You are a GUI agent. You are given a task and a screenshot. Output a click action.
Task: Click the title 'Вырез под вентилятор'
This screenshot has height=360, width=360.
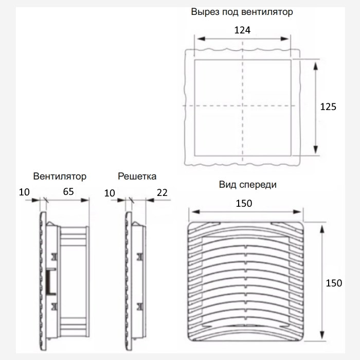(x=242, y=12)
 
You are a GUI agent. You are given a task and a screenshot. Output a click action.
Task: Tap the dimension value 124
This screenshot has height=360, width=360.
(x=242, y=30)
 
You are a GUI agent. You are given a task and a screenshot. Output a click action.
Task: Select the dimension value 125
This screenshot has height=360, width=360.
(x=328, y=107)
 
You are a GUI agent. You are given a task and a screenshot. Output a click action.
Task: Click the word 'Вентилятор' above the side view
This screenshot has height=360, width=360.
(x=60, y=176)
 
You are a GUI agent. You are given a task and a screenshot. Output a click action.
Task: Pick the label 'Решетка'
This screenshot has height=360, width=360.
(x=137, y=176)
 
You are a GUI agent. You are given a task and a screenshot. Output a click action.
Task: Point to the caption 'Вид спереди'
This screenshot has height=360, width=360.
(x=248, y=185)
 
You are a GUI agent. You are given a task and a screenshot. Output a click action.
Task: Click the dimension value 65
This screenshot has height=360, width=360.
(x=68, y=192)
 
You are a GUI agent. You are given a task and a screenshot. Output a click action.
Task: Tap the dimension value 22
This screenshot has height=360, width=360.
(x=162, y=193)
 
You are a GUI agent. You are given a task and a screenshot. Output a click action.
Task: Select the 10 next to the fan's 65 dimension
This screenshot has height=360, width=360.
(x=24, y=192)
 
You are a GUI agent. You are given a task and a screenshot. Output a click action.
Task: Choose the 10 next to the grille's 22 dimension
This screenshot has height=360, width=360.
(x=110, y=193)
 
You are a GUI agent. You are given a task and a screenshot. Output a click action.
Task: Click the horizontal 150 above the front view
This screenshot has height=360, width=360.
(x=244, y=204)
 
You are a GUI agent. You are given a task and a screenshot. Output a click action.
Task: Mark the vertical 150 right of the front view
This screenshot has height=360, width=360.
(x=334, y=283)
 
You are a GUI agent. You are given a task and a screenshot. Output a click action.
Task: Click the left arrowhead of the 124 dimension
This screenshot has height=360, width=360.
(x=201, y=39)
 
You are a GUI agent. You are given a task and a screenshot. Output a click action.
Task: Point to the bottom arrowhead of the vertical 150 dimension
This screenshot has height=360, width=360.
(x=322, y=335)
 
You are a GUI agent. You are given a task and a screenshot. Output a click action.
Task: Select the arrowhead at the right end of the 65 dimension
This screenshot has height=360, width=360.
(x=85, y=200)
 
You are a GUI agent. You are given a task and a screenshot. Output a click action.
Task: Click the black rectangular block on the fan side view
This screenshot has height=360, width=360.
(x=49, y=282)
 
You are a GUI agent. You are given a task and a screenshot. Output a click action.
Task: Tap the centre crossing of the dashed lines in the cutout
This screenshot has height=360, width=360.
(x=243, y=105)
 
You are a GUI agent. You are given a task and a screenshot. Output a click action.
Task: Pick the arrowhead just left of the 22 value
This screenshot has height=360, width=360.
(x=150, y=200)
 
